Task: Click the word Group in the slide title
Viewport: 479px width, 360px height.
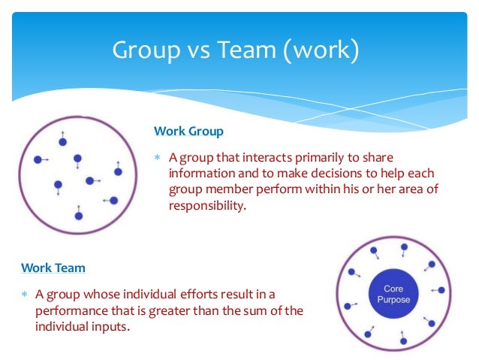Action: coord(146,50)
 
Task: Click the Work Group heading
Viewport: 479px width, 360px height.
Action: coord(188,131)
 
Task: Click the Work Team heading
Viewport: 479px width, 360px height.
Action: coord(53,268)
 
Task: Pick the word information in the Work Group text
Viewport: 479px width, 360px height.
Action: coord(200,173)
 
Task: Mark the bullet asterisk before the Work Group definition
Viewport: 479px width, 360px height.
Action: coord(158,158)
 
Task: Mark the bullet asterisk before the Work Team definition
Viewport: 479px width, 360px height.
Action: coord(25,294)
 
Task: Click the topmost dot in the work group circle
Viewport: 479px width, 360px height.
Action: coord(63,141)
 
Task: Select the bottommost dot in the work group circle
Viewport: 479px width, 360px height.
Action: coord(79,216)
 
